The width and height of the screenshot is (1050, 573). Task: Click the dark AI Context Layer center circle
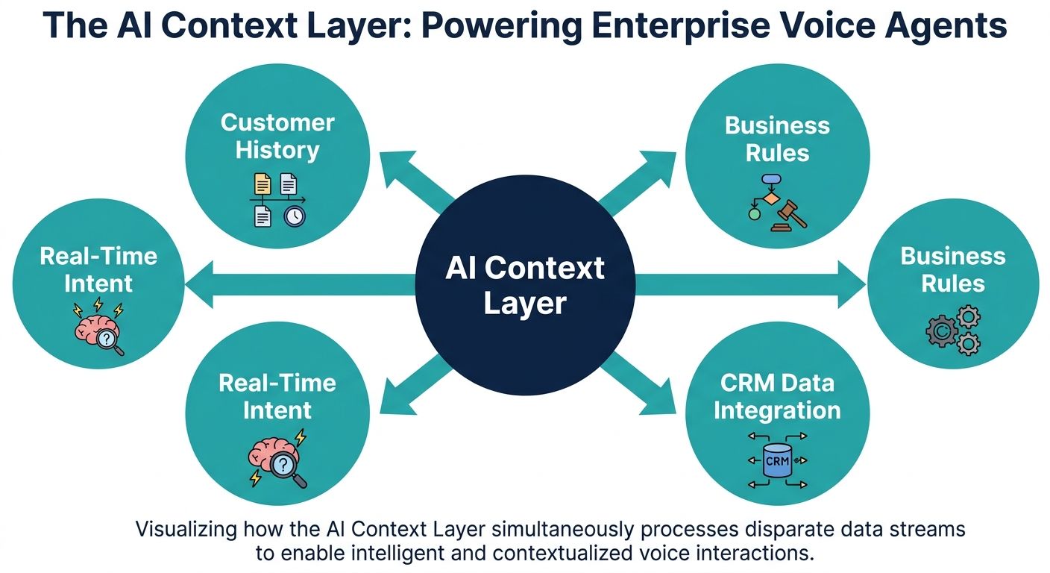tap(524, 286)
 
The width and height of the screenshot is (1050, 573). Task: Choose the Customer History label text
tap(277, 136)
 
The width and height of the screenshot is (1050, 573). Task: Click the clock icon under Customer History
tap(295, 216)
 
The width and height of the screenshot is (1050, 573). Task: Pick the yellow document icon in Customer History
tap(262, 184)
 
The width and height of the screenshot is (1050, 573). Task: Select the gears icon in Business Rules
tap(953, 332)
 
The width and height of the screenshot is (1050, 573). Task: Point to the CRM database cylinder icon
tap(776, 461)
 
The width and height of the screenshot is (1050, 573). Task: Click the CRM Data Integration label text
tap(776, 396)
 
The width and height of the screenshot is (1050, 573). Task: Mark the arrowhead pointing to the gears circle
tap(850, 284)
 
